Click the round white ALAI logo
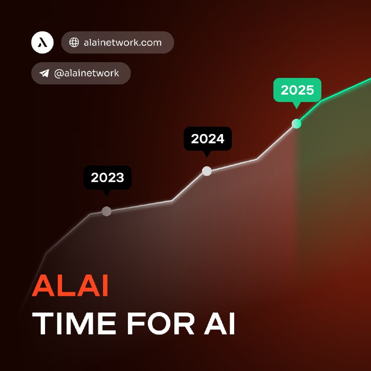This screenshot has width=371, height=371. point(42,42)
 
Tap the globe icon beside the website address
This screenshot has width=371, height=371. point(74,42)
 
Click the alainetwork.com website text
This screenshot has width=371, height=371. point(122,43)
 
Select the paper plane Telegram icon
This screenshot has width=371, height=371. point(44,73)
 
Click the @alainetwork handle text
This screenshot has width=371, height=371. point(87,73)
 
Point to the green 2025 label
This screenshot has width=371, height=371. point(297,90)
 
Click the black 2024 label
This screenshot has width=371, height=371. point(207,139)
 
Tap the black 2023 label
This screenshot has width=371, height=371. point(108,178)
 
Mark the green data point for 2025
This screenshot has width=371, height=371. point(296,123)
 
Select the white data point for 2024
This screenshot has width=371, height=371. point(207,171)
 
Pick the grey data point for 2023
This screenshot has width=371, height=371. point(107,211)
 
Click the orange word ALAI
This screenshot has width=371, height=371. point(70,285)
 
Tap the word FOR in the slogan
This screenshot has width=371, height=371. point(160,323)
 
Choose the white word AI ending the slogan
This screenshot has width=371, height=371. point(219,323)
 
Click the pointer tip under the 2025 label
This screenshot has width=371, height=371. point(296,109)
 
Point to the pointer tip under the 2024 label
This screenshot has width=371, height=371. point(207,158)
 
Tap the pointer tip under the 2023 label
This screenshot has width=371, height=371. point(107,196)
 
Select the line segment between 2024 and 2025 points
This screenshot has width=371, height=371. point(257,159)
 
